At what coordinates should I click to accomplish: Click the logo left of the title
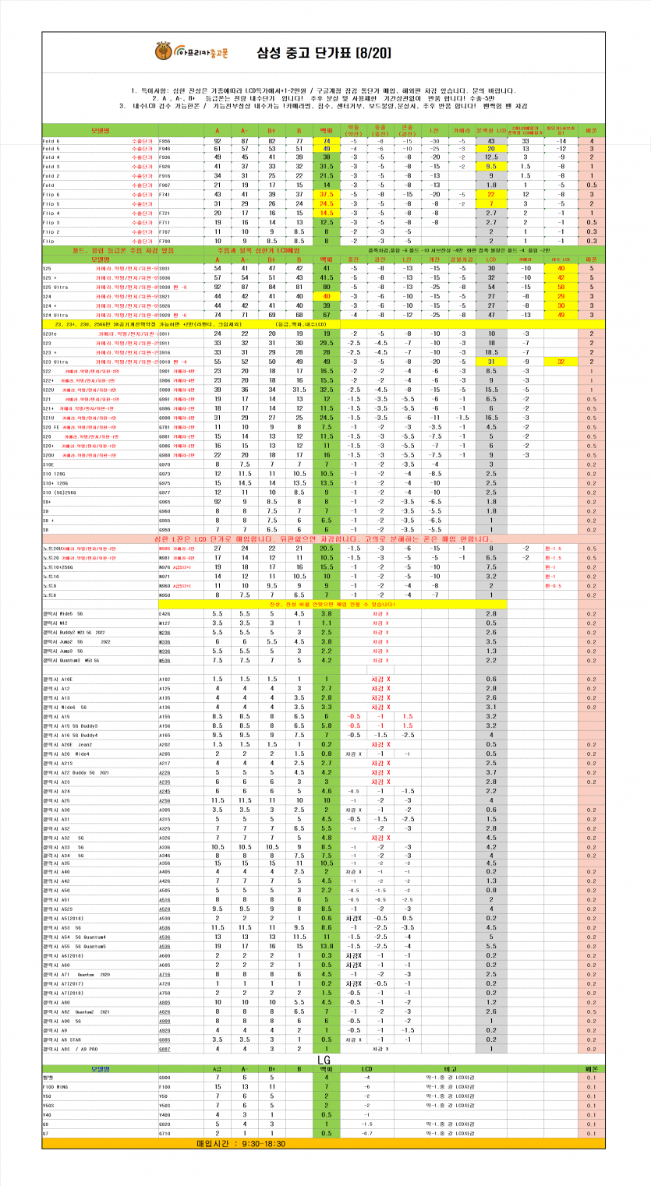point(162,53)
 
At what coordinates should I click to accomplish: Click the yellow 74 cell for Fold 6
point(326,141)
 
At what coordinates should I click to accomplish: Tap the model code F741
point(165,194)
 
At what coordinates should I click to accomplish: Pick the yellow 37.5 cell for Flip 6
point(326,194)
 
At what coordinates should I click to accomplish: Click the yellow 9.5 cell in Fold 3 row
point(490,168)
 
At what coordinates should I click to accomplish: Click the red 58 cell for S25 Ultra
point(561,287)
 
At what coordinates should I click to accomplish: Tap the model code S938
point(165,287)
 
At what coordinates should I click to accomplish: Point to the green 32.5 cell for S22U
point(326,390)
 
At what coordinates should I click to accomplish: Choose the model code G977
point(165,492)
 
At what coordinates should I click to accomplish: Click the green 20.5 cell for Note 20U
point(326,548)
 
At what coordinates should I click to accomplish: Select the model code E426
point(165,613)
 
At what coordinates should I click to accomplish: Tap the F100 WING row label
point(56,1086)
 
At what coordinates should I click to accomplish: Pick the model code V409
point(165,1114)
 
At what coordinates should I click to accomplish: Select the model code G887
point(165,1049)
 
